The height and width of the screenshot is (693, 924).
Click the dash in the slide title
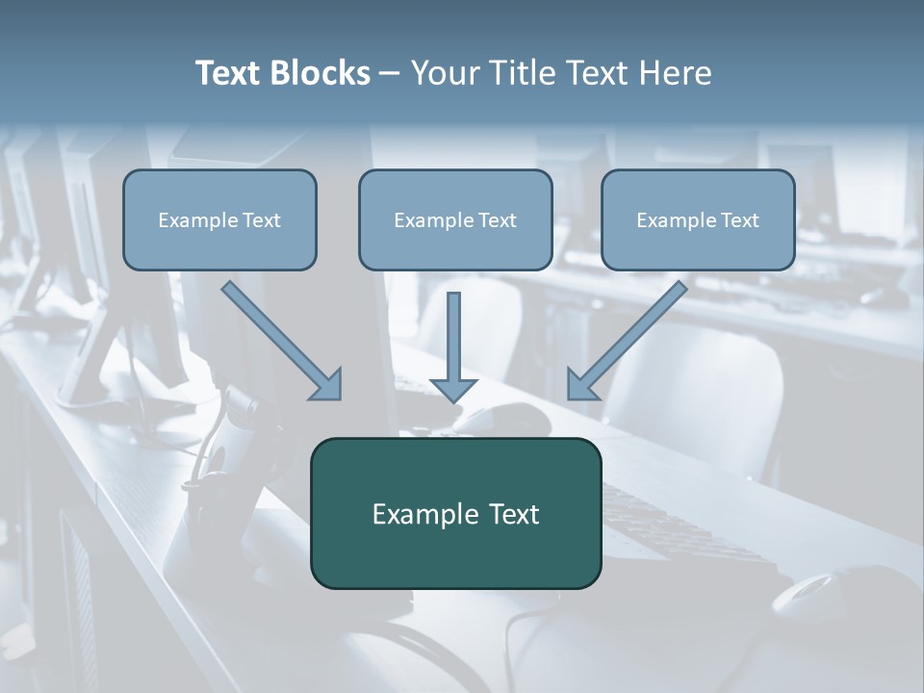tap(390, 74)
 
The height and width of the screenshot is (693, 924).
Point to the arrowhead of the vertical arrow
tap(453, 389)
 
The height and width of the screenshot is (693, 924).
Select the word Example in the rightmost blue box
tap(675, 220)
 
